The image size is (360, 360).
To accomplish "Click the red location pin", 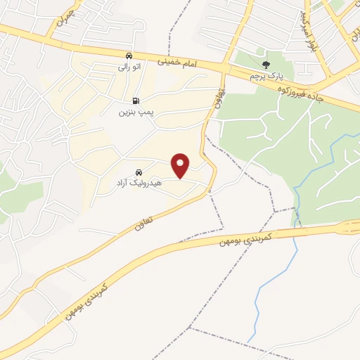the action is (181, 165).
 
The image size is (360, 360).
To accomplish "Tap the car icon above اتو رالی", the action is (128, 56).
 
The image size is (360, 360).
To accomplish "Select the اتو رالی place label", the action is (129, 67).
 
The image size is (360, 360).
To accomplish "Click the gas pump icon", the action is (135, 101).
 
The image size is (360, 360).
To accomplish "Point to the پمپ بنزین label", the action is (134, 112).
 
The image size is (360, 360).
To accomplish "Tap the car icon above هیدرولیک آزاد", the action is (139, 171).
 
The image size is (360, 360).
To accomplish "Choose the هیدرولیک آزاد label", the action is (139, 182).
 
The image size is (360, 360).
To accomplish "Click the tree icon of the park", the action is (265, 64).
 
